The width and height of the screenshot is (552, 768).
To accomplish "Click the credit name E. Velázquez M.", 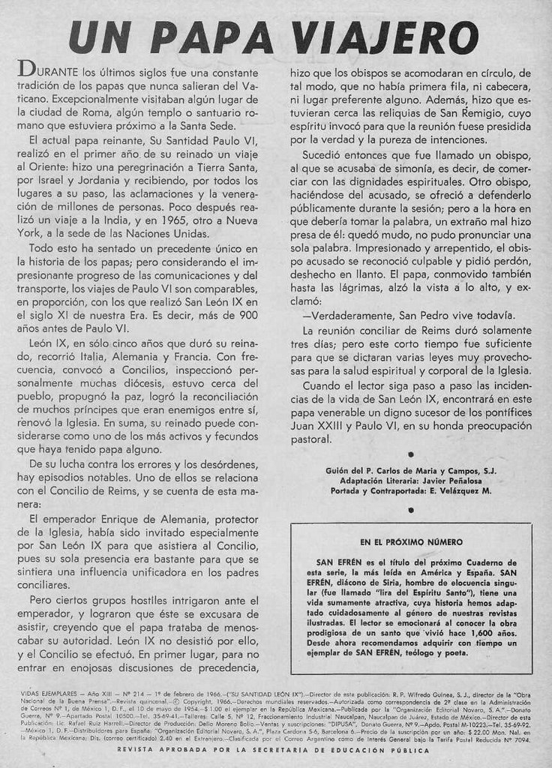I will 455,491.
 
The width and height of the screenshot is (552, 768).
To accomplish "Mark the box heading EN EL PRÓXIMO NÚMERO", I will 411,541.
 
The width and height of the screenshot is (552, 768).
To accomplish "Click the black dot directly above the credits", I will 410,454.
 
